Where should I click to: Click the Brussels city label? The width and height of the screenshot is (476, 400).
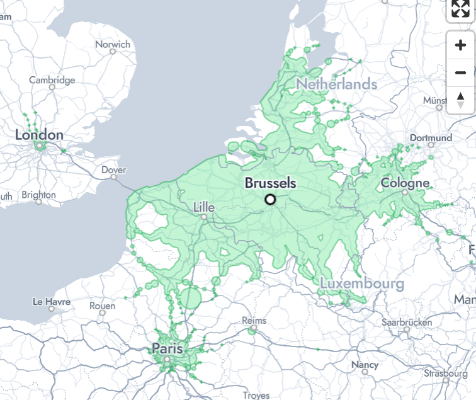270,183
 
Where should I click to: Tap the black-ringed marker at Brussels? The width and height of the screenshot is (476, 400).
271,200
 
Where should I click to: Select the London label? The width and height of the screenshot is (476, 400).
39,135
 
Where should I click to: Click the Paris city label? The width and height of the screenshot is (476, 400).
167,348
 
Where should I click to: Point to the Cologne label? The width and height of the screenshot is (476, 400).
405,183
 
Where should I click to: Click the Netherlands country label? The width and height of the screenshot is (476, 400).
337,84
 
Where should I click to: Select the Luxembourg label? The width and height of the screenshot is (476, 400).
361,283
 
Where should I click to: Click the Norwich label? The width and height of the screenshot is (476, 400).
113,45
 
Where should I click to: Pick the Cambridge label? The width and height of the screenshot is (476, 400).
52,80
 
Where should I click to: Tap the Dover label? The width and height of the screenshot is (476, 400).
113,170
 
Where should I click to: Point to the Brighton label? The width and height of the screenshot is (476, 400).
38,195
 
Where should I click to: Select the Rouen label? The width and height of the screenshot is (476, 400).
103,306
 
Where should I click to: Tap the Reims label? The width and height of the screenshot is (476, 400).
254,321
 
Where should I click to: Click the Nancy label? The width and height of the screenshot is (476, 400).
365,365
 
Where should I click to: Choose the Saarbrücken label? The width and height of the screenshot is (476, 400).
407,322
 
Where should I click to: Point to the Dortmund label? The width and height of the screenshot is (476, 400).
431,138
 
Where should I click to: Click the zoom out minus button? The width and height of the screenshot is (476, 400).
460,72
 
